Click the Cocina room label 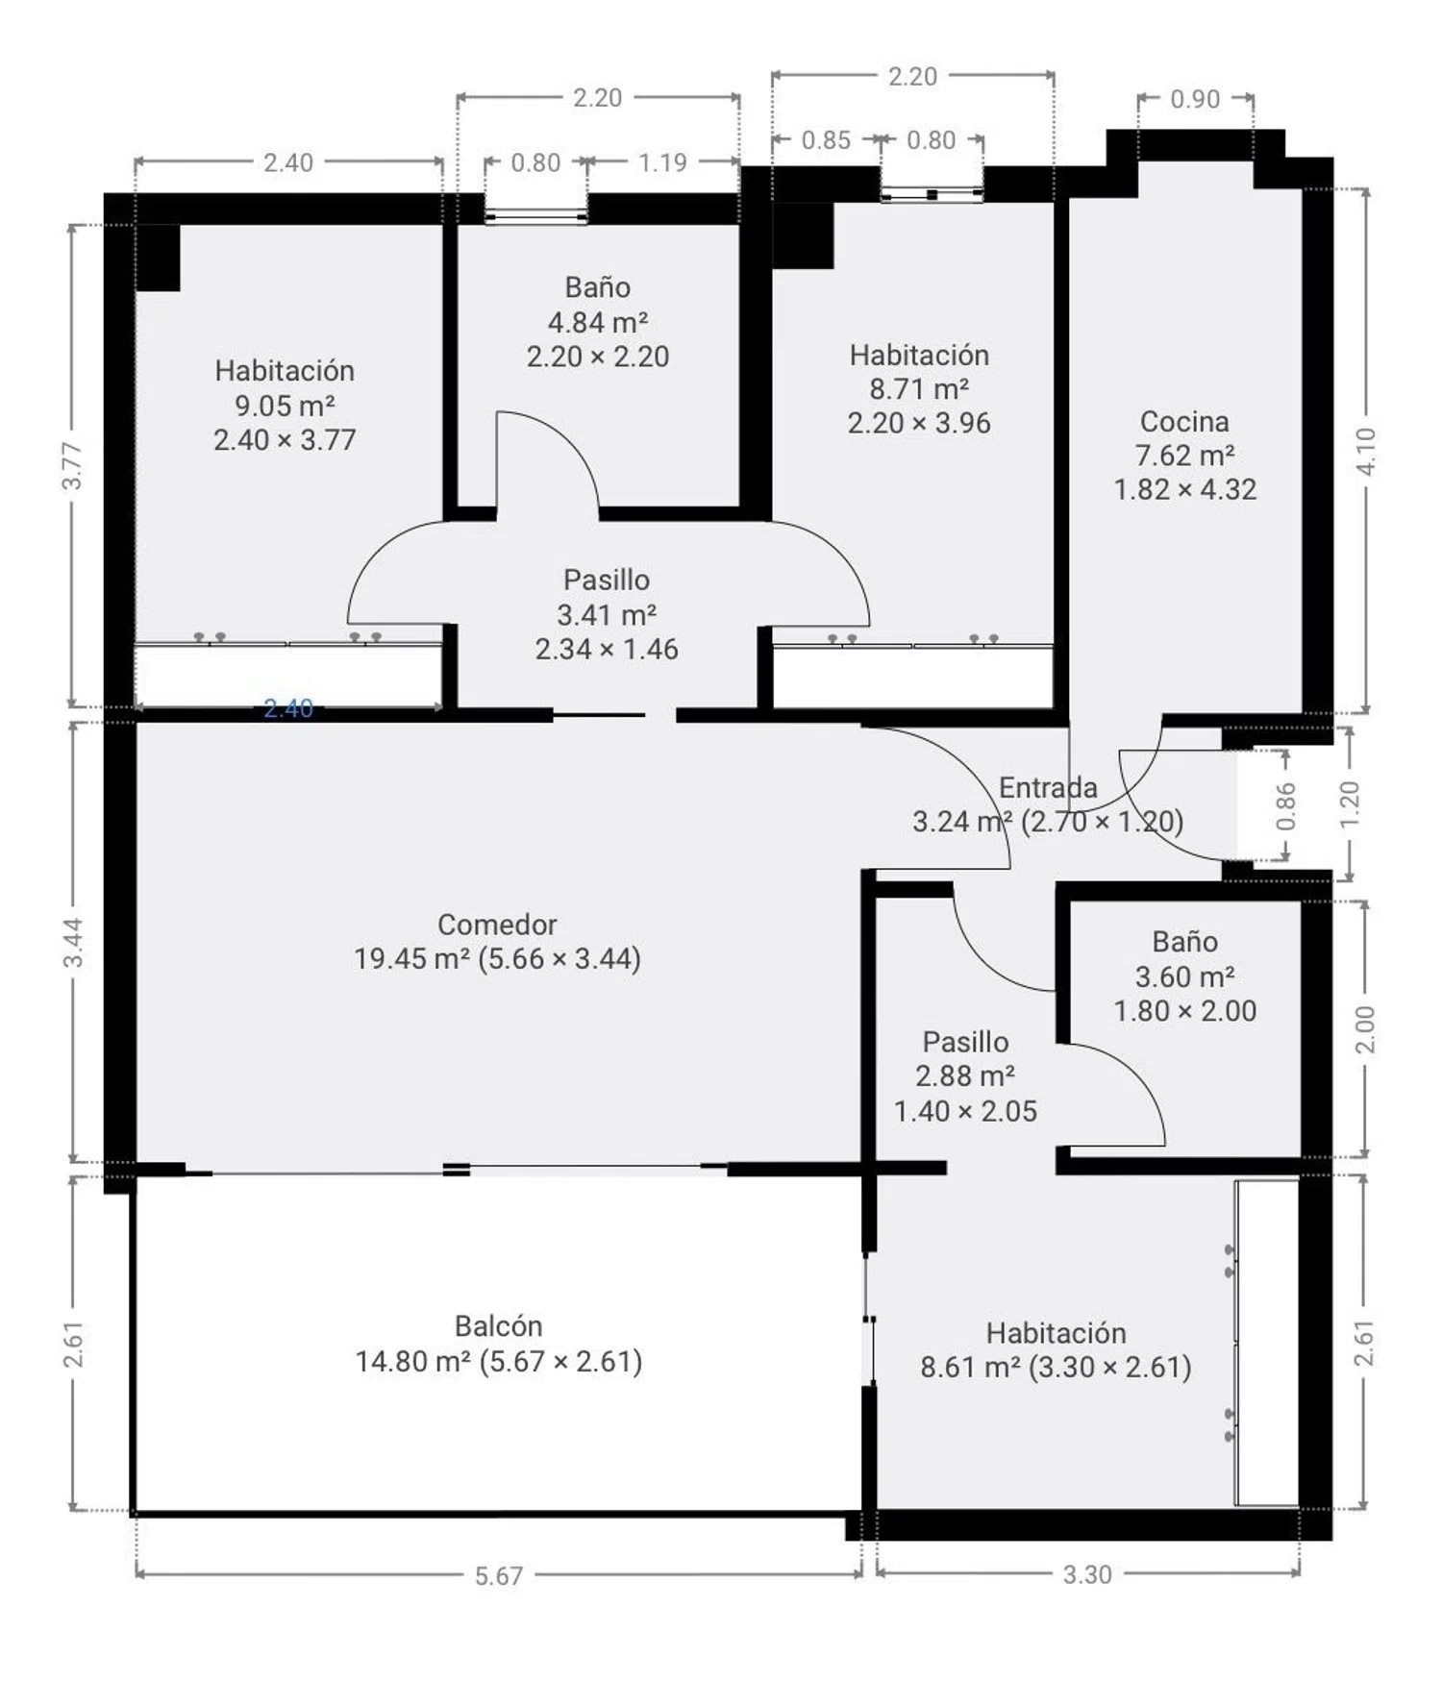coord(1184,421)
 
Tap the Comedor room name coord(497,925)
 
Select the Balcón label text coord(498,1326)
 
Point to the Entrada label coord(1048,788)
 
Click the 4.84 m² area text coord(597,322)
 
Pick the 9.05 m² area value coord(285,406)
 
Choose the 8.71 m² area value coord(919,389)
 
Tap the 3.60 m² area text coord(1184,976)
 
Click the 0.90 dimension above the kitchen coord(1195,99)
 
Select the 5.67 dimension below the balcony coord(499,1576)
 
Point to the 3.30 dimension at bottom coord(1087,1574)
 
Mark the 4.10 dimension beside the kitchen coord(1365,450)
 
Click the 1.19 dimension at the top coord(662,162)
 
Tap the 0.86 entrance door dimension coord(1285,806)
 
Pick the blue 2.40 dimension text coord(288,708)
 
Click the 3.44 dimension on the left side coord(73,943)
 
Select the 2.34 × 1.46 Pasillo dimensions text coord(607,649)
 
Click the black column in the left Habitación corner coord(158,258)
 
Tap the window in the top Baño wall coord(535,217)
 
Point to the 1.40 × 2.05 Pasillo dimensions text coord(965,1111)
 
